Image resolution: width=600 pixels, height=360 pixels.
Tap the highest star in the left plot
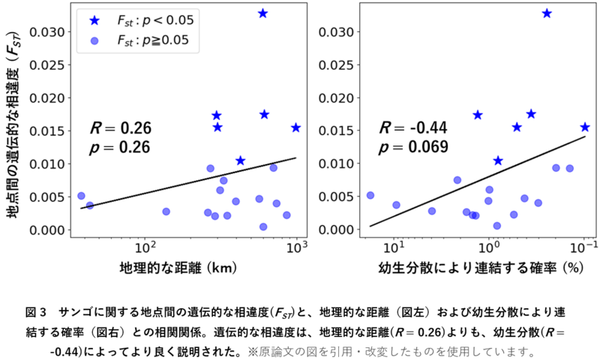pyautogui.click(x=262, y=13)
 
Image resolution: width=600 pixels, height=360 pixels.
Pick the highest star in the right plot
pyautogui.click(x=547, y=13)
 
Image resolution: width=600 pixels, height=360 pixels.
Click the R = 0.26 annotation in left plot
pyautogui.click(x=121, y=128)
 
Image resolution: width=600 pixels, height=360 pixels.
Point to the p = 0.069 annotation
pyautogui.click(x=414, y=147)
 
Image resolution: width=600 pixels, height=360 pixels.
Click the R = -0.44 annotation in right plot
pyautogui.click(x=413, y=128)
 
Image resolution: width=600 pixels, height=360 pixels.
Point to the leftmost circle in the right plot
pyautogui.click(x=370, y=195)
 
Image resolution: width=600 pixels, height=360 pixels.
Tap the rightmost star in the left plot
pyautogui.click(x=295, y=127)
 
